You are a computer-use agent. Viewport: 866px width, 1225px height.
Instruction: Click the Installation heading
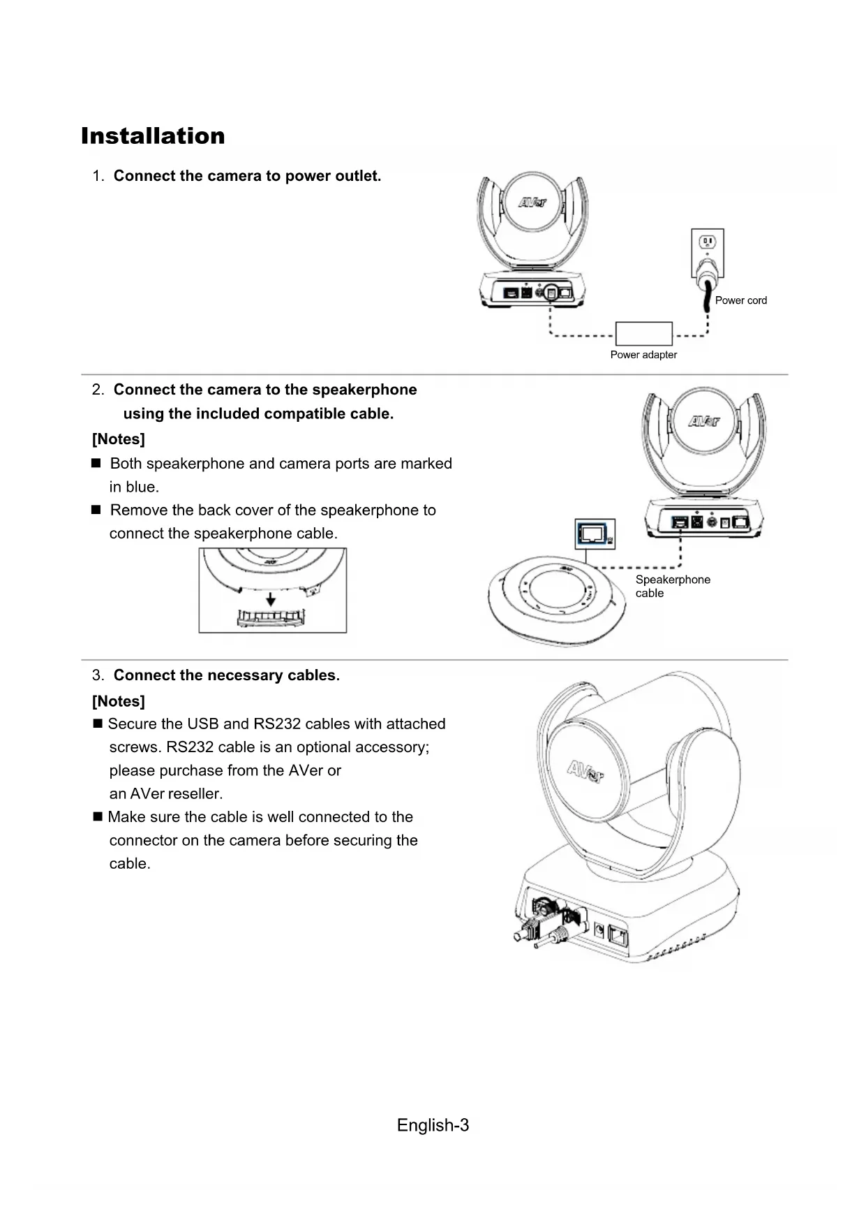(x=153, y=135)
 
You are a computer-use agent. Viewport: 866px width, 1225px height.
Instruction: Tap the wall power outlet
(x=708, y=251)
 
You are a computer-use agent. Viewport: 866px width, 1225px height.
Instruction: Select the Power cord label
(x=740, y=300)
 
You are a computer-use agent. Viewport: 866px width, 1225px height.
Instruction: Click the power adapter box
(x=643, y=333)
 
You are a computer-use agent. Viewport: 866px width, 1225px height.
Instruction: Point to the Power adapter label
(x=643, y=355)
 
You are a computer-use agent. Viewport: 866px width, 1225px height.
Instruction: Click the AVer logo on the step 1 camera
(x=532, y=203)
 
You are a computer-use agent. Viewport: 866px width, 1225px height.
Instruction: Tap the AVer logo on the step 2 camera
(x=703, y=420)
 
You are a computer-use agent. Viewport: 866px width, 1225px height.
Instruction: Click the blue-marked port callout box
(x=595, y=534)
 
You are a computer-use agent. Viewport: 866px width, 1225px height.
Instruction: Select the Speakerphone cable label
(x=672, y=586)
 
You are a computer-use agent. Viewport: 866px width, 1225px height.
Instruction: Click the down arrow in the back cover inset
(x=271, y=600)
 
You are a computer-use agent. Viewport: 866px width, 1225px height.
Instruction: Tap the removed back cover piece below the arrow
(x=271, y=617)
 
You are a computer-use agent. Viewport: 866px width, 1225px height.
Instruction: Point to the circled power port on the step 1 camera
(x=551, y=293)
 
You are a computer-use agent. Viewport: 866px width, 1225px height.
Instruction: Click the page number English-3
(x=433, y=1125)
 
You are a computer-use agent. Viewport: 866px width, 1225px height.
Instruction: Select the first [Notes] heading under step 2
(x=119, y=439)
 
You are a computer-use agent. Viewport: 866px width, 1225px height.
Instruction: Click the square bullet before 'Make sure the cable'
(x=98, y=816)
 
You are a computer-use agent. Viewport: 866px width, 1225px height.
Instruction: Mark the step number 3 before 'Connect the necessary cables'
(x=98, y=675)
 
